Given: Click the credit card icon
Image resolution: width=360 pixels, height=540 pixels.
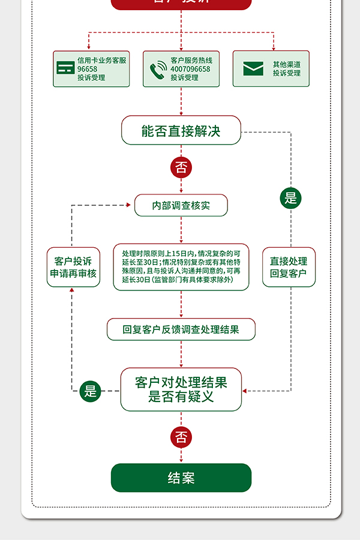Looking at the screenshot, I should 65,68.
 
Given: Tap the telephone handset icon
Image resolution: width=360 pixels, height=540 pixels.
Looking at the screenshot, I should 158,70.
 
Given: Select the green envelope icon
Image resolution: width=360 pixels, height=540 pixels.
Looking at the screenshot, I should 253,68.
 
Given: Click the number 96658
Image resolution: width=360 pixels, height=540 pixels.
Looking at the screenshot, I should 87,69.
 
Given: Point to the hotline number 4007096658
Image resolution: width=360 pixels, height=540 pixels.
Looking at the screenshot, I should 190,69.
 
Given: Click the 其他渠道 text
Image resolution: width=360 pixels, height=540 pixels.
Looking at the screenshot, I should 286,64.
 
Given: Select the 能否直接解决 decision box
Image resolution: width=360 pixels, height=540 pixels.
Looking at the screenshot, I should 181,131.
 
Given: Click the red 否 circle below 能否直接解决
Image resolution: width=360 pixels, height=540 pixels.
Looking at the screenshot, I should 181,167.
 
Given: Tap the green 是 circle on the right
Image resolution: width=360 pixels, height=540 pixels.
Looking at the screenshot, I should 291,198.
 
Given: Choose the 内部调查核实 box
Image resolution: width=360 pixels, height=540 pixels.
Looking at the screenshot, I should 181,205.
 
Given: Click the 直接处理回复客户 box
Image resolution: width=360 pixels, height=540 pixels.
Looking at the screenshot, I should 289,267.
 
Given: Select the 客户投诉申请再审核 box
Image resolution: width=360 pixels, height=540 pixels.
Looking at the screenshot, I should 73,267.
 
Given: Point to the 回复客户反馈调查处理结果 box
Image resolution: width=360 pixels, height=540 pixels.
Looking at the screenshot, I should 181,329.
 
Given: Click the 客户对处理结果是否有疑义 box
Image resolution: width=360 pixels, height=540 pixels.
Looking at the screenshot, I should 181,389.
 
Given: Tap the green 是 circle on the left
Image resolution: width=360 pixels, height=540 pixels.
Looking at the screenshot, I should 90,391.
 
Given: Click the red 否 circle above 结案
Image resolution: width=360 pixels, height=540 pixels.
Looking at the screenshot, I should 181,437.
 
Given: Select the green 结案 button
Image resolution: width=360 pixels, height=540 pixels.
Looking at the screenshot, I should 181,478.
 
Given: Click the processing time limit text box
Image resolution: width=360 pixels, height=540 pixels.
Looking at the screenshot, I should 181,267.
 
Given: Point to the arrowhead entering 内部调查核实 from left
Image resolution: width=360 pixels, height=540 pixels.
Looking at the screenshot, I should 128,205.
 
